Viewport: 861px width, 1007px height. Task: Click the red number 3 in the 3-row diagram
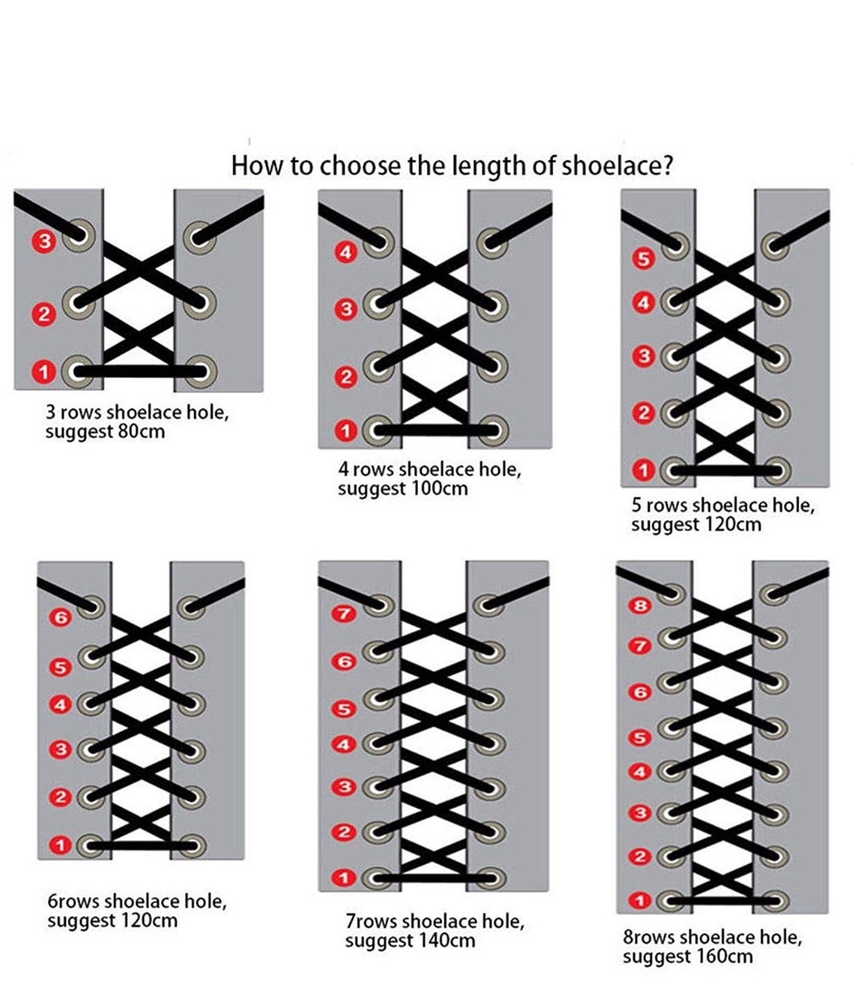coord(44,241)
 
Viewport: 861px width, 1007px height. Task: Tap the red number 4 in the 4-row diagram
coord(345,252)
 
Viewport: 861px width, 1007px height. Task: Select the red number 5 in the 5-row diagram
coord(643,259)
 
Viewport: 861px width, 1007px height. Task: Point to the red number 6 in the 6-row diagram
coord(61,618)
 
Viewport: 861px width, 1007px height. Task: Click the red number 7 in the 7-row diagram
coord(344,613)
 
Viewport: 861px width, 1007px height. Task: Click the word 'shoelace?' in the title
coord(618,166)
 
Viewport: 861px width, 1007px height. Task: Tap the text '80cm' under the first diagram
coord(141,431)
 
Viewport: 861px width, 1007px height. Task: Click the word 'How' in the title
coord(256,166)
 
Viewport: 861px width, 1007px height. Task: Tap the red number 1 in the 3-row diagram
coord(44,372)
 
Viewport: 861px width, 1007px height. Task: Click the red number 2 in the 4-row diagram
coord(346,377)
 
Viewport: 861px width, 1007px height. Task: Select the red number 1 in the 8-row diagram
coord(640,900)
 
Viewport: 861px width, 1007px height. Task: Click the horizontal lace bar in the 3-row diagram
coord(139,372)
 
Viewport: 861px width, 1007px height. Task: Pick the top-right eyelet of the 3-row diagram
coord(199,237)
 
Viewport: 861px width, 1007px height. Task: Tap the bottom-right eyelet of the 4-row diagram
coord(493,430)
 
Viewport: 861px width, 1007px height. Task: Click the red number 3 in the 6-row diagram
coord(61,749)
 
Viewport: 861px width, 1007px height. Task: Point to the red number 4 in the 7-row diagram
coord(344,744)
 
